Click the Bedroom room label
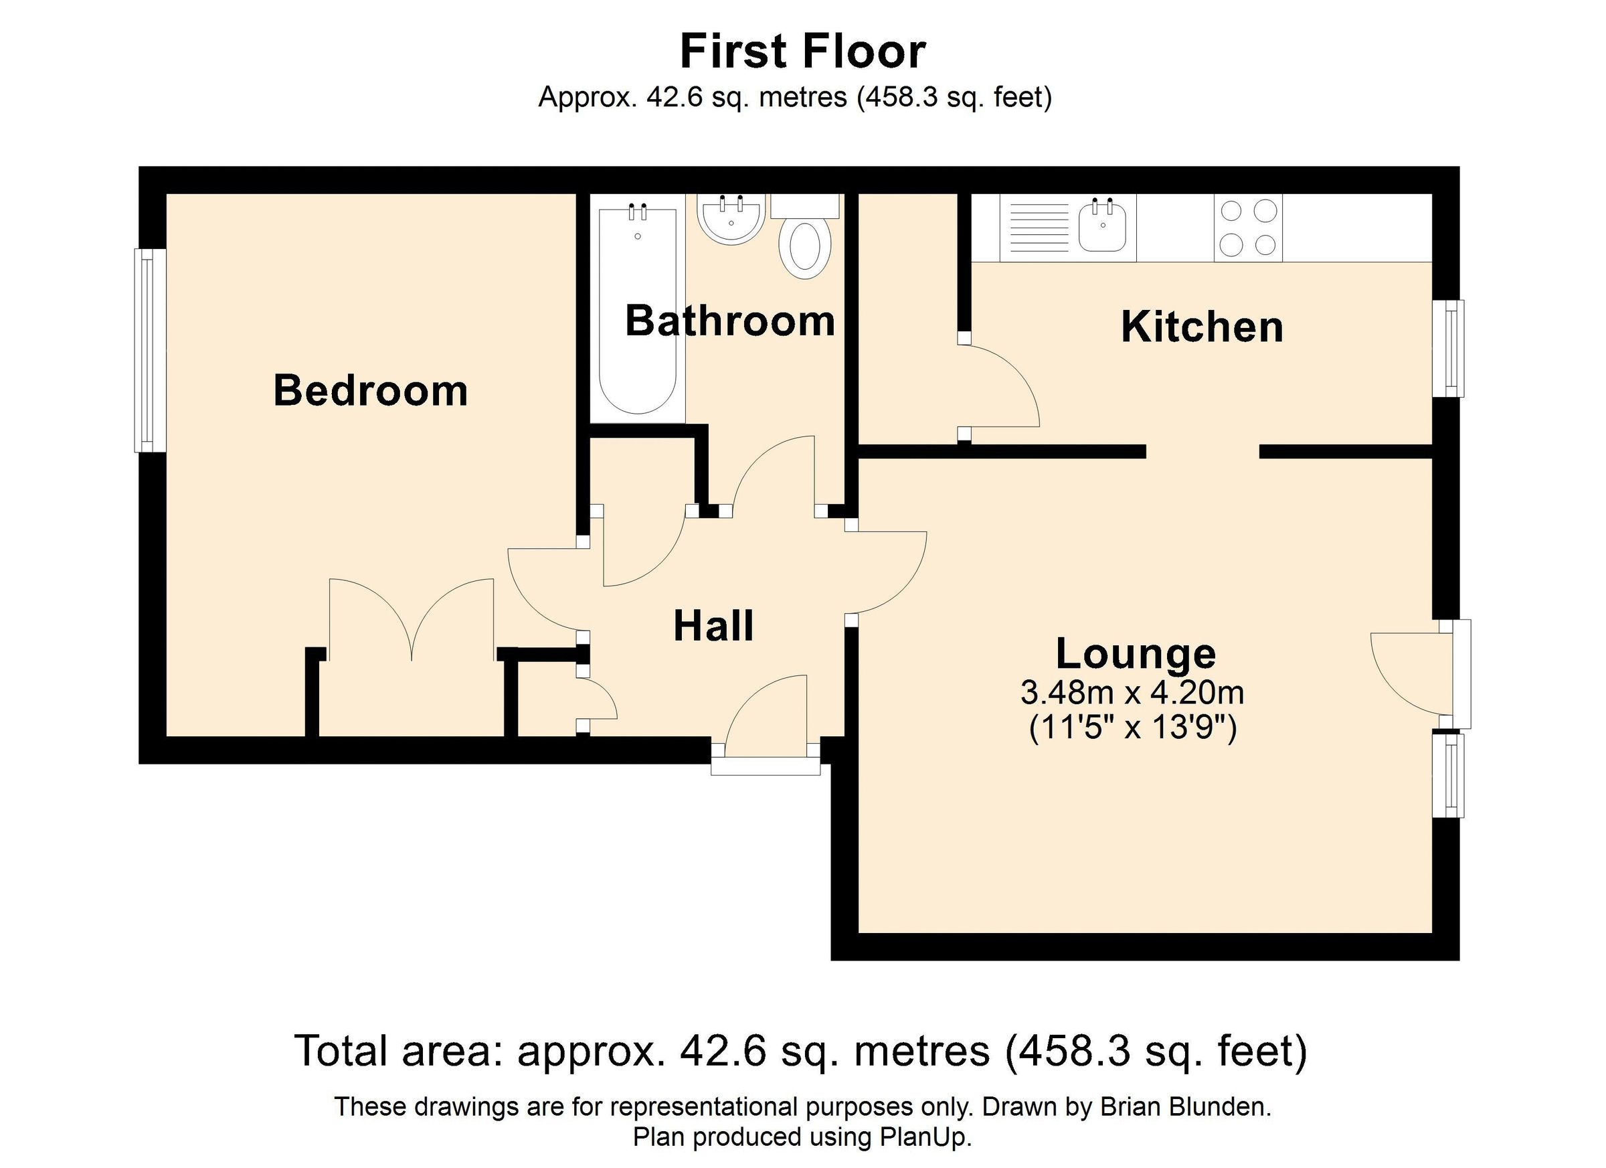[370, 391]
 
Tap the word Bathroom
[730, 321]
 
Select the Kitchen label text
[1202, 327]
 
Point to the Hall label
[713, 626]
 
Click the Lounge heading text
[1136, 653]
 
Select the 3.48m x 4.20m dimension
[1132, 692]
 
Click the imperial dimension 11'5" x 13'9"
[1132, 728]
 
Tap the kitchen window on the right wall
[1449, 349]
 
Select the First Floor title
[802, 52]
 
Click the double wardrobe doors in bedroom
[411, 620]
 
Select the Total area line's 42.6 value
[723, 1050]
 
